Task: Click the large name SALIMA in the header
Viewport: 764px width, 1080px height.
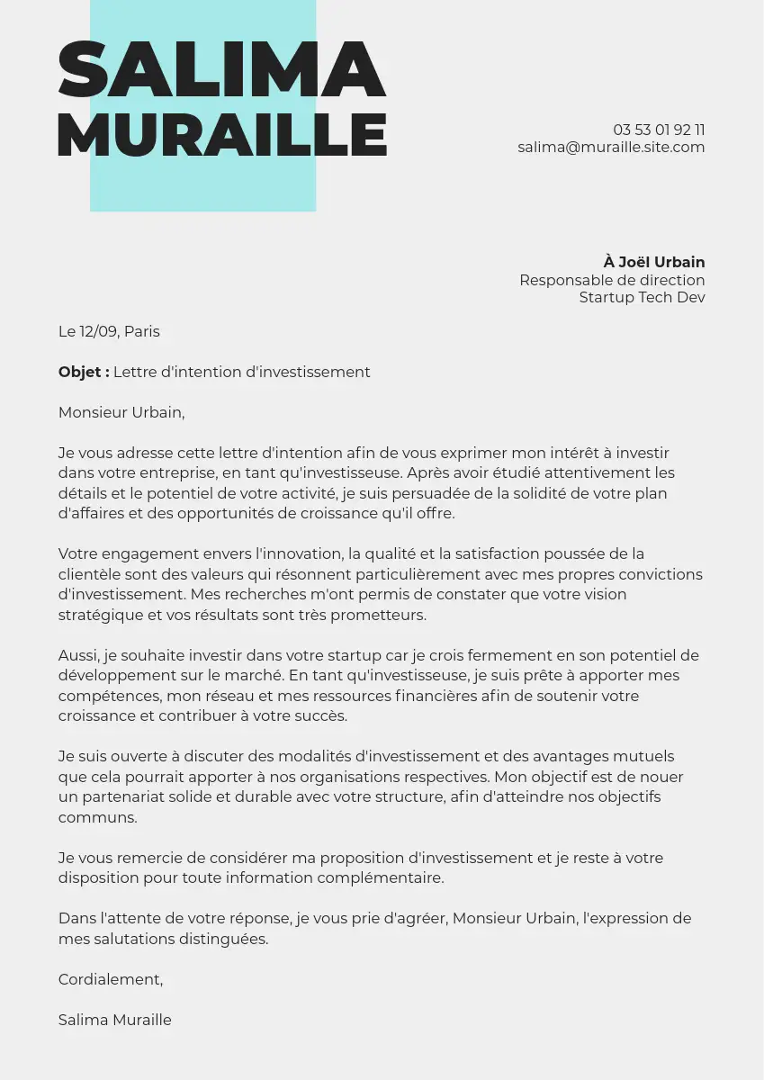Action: pyautogui.click(x=221, y=69)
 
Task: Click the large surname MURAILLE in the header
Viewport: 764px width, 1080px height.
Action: pyautogui.click(x=221, y=135)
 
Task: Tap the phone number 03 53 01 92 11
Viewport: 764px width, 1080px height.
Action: pyautogui.click(x=659, y=130)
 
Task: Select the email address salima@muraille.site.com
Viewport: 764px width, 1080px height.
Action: pyautogui.click(x=611, y=147)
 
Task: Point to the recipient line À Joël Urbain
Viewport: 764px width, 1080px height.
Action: pyautogui.click(x=654, y=262)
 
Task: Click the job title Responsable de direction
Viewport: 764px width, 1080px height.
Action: pyautogui.click(x=612, y=280)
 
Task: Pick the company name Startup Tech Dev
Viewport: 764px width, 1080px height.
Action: pyautogui.click(x=642, y=297)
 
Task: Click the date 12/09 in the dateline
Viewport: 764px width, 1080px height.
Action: pyautogui.click(x=99, y=331)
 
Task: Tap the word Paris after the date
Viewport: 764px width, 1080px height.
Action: pyautogui.click(x=142, y=331)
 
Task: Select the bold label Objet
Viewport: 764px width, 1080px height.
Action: pyautogui.click(x=84, y=372)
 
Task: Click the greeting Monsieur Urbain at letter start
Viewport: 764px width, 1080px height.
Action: pyautogui.click(x=121, y=412)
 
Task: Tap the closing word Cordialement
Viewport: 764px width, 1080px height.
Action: pyautogui.click(x=110, y=979)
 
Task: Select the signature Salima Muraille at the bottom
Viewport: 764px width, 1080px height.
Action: pyautogui.click(x=114, y=1020)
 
